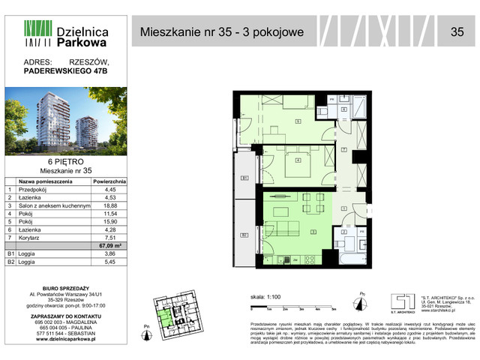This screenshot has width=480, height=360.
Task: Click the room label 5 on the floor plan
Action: [298, 121]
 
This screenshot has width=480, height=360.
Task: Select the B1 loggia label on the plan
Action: [244, 178]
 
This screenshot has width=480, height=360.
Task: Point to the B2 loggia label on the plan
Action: [244, 235]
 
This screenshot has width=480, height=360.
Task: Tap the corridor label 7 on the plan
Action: [343, 151]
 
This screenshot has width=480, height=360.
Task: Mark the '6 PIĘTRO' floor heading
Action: [64, 162]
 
